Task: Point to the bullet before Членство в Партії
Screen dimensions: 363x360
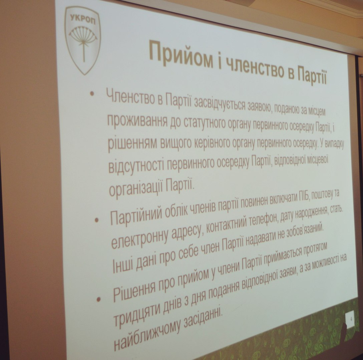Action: coord(92,94)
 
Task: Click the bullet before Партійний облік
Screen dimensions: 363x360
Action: coord(96,220)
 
